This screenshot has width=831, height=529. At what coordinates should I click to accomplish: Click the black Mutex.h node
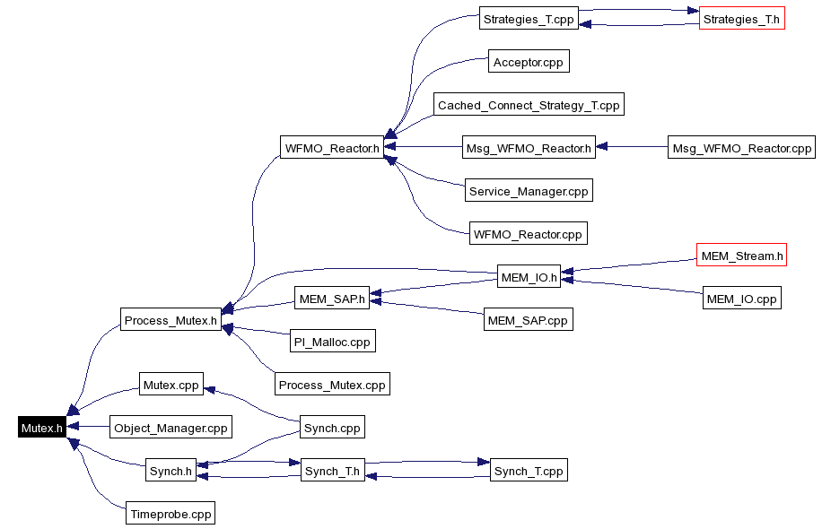(x=42, y=428)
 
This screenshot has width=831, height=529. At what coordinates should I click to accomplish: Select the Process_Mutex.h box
(x=171, y=320)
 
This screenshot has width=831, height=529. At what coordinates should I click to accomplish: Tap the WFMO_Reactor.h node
(x=331, y=148)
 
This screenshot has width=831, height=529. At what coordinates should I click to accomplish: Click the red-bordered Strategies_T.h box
(x=742, y=18)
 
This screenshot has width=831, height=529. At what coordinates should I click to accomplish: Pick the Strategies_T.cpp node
(x=528, y=18)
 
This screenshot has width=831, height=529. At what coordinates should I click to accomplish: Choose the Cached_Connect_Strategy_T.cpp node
(x=529, y=105)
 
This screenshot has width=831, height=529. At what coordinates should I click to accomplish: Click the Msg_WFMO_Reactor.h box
(x=529, y=148)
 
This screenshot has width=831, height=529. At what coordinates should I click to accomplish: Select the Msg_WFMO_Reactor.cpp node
(x=741, y=148)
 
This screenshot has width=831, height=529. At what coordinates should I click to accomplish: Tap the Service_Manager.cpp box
(x=529, y=191)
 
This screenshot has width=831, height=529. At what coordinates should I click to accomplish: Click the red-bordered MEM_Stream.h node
(x=742, y=256)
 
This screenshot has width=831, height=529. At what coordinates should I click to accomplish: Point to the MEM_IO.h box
(x=529, y=277)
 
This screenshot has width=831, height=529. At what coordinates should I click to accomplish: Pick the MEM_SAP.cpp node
(x=527, y=319)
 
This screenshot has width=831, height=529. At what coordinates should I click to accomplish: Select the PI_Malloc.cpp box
(x=332, y=342)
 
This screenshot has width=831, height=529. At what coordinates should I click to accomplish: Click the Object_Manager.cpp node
(x=171, y=428)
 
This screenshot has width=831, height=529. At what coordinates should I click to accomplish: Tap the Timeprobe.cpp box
(x=171, y=514)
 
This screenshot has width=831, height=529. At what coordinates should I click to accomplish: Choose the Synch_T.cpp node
(x=529, y=471)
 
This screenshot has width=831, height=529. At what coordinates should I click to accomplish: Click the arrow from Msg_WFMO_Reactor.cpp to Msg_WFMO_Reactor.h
(x=633, y=148)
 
